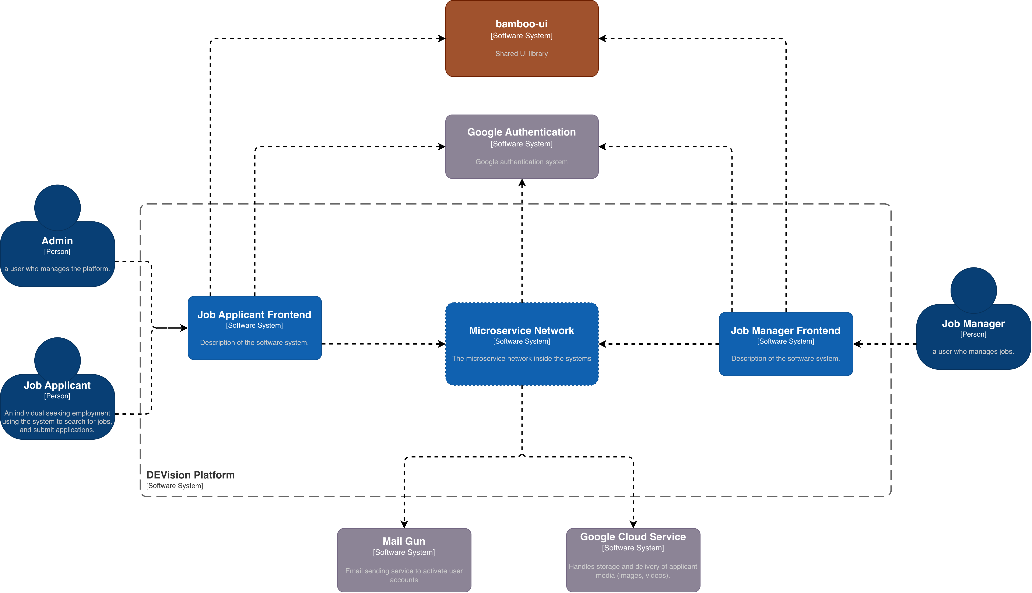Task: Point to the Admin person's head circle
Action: coord(57,208)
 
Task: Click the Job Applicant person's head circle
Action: coord(57,360)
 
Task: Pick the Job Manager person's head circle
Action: coord(973,290)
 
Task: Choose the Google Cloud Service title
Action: coord(633,537)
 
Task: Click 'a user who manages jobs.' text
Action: coord(973,351)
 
